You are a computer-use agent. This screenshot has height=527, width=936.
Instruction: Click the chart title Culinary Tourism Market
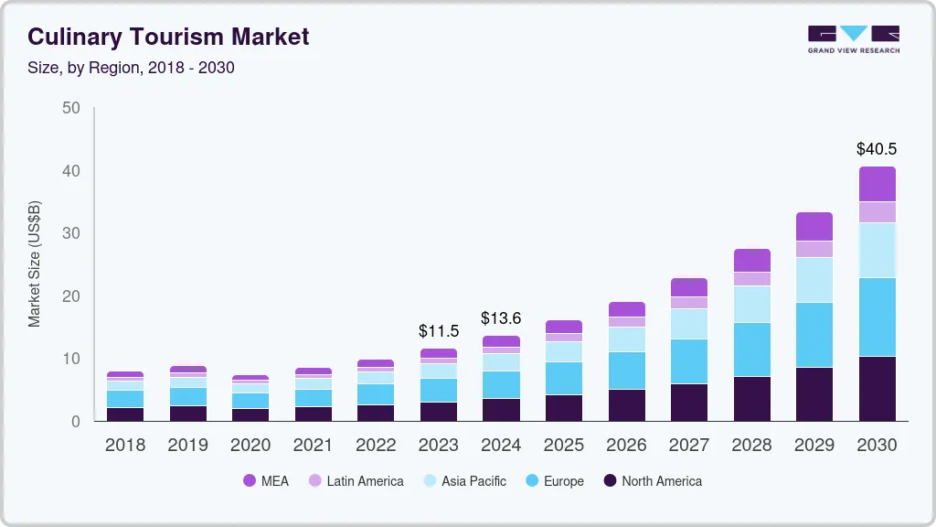168,37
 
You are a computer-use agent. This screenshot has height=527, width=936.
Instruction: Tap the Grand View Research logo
853,38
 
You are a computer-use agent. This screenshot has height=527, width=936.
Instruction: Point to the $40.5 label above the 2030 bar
876,148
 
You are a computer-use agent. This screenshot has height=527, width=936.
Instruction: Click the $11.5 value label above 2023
438,330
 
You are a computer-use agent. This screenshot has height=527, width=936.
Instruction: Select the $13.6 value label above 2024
501,318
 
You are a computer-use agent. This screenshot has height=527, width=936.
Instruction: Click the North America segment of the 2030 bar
877,388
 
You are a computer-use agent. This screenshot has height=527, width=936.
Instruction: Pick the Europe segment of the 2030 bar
877,317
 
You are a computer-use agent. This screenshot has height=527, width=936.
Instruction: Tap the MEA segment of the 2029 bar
814,226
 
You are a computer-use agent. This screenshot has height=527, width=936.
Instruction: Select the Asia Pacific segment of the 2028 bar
751,304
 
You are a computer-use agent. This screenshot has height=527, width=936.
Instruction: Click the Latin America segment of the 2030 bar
877,211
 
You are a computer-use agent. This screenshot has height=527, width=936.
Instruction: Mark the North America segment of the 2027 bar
688,402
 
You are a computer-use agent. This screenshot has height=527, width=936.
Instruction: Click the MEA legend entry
266,480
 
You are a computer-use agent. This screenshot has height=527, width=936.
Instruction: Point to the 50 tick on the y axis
71,108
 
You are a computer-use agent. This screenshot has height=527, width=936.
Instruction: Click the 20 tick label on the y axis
71,296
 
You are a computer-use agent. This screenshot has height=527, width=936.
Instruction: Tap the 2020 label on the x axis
250,446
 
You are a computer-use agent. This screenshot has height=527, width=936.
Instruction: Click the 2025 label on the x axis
563,446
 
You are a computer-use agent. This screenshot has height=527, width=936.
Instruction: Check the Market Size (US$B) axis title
35,263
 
